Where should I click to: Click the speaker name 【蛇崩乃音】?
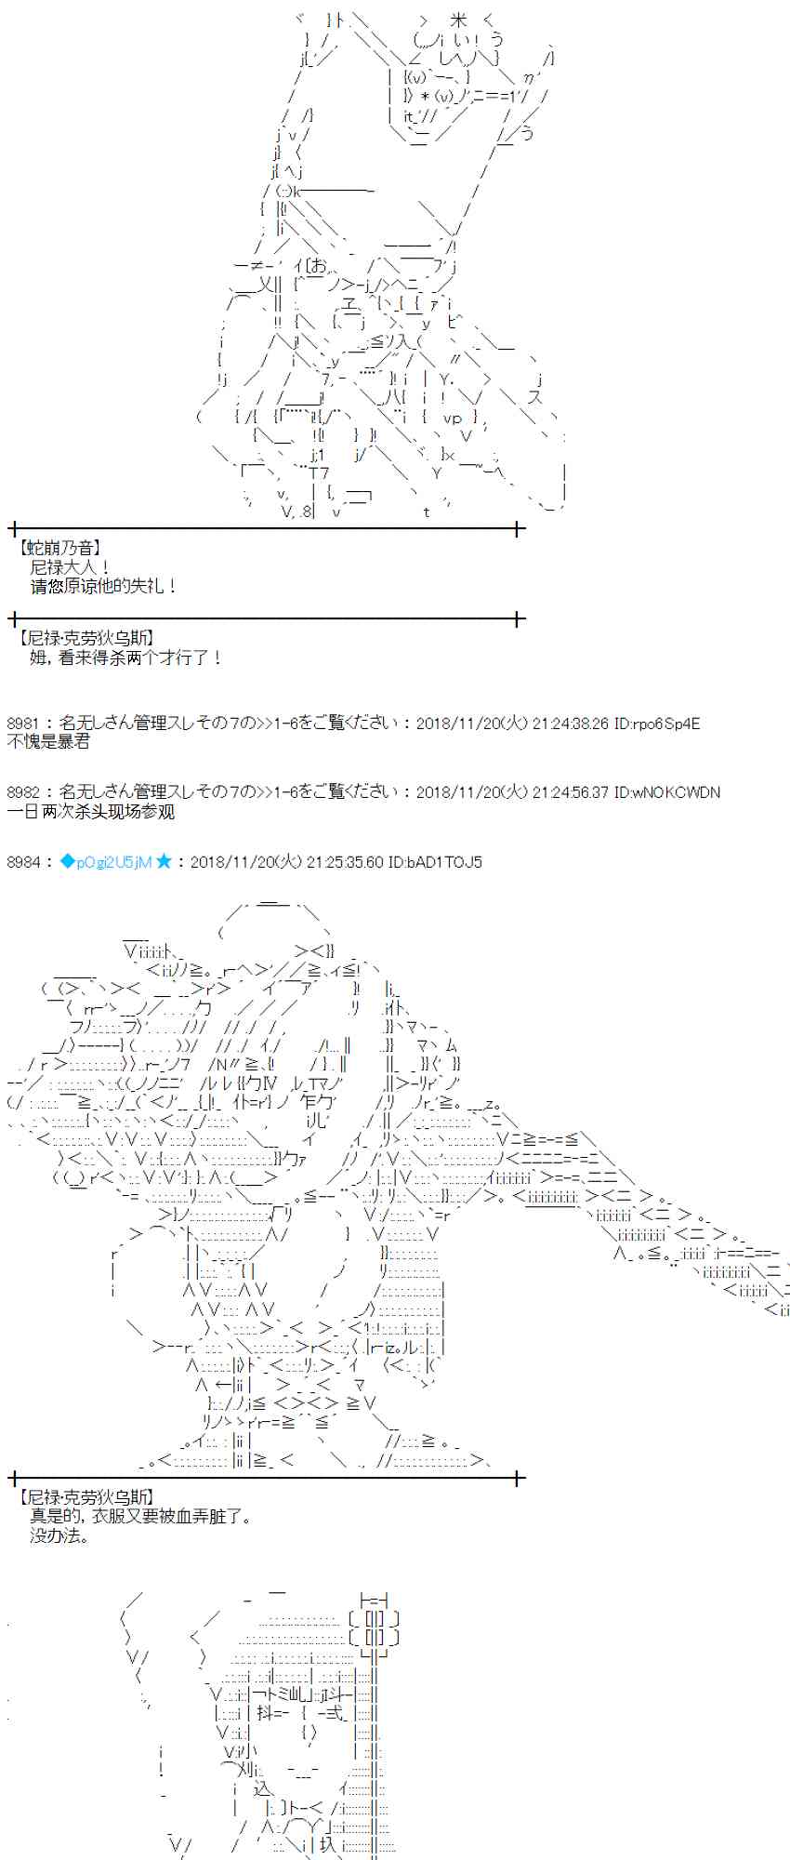[x=59, y=549]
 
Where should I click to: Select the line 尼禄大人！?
[x=71, y=567]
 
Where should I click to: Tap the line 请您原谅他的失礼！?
[x=103, y=586]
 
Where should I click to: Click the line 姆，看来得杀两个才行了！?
[x=126, y=658]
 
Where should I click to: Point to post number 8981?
[x=23, y=724]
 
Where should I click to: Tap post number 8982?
[x=23, y=792]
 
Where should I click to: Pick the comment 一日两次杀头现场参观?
[x=90, y=811]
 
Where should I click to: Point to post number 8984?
[x=23, y=862]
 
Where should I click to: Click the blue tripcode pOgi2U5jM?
[x=105, y=862]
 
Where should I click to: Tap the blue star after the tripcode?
[x=164, y=862]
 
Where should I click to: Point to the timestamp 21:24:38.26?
[x=571, y=724]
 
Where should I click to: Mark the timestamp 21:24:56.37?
[x=571, y=792]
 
